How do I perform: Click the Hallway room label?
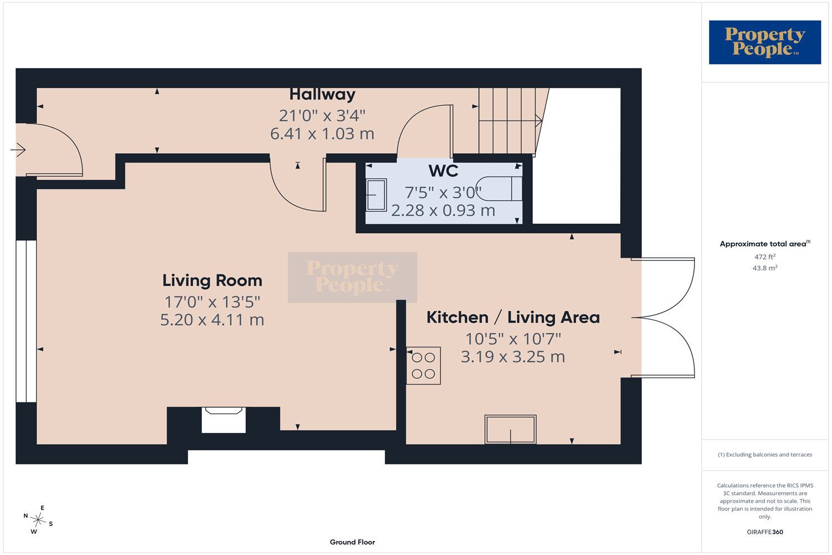(x=322, y=94)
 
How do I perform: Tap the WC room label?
(x=443, y=171)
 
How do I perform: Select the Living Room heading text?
(x=212, y=281)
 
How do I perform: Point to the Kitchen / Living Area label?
(x=513, y=317)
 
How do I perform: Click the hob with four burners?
(x=423, y=366)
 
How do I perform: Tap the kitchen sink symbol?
(x=510, y=430)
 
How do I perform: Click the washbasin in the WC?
(x=376, y=195)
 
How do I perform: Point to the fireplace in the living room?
(x=224, y=420)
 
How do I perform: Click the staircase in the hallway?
(x=513, y=121)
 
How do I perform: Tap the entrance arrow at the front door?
(x=18, y=150)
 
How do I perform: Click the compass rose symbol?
(x=38, y=519)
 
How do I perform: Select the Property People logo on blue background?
(x=765, y=42)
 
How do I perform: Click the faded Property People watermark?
(x=352, y=277)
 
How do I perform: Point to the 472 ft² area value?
(x=765, y=256)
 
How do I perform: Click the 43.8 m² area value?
(x=765, y=268)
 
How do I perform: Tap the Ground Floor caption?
(x=352, y=542)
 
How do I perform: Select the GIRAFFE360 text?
(x=765, y=532)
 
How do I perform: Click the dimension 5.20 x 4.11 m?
(x=212, y=320)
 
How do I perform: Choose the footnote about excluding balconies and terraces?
(x=765, y=455)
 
